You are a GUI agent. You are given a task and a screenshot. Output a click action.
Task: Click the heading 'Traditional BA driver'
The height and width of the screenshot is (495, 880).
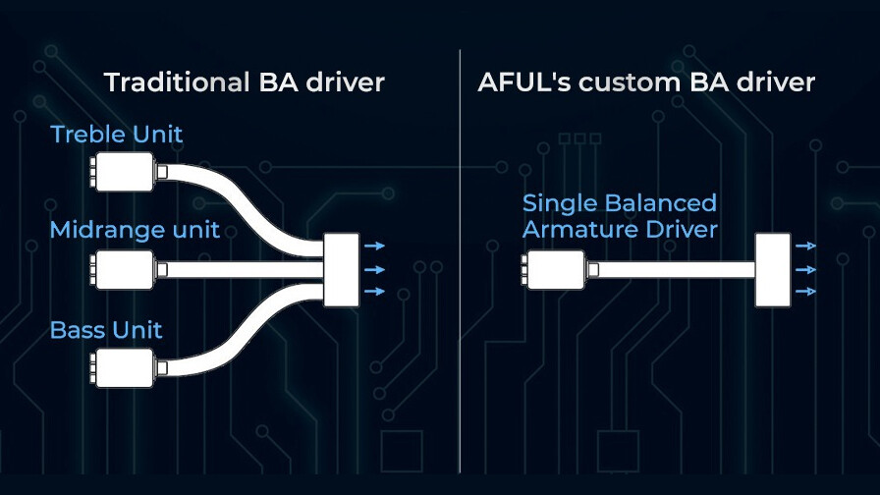pos(244,82)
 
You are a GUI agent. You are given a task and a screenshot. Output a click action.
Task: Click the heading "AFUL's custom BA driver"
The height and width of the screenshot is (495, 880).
pos(646,82)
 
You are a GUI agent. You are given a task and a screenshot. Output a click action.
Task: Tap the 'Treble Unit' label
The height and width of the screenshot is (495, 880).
pos(116,135)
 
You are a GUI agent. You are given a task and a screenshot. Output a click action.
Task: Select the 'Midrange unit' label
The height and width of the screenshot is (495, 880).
pos(135,231)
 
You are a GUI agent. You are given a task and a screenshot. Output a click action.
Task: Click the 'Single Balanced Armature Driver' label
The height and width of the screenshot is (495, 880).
pos(620,216)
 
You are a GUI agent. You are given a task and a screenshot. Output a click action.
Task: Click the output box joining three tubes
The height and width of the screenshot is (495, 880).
pos(342,268)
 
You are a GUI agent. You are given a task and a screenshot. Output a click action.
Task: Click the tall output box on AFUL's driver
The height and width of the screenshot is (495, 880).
pos(773,269)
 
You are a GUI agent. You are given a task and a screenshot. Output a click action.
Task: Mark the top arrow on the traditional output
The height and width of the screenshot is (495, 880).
pos(375,247)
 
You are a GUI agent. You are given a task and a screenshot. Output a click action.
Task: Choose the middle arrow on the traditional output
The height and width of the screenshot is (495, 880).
pos(375,269)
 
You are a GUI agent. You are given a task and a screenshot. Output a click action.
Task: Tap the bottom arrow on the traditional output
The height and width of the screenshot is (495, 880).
pos(375,292)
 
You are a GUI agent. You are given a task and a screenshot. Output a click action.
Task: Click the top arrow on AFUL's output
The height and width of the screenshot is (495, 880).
pos(806,247)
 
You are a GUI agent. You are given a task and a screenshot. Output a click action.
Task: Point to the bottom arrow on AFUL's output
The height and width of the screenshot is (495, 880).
pos(806,292)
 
